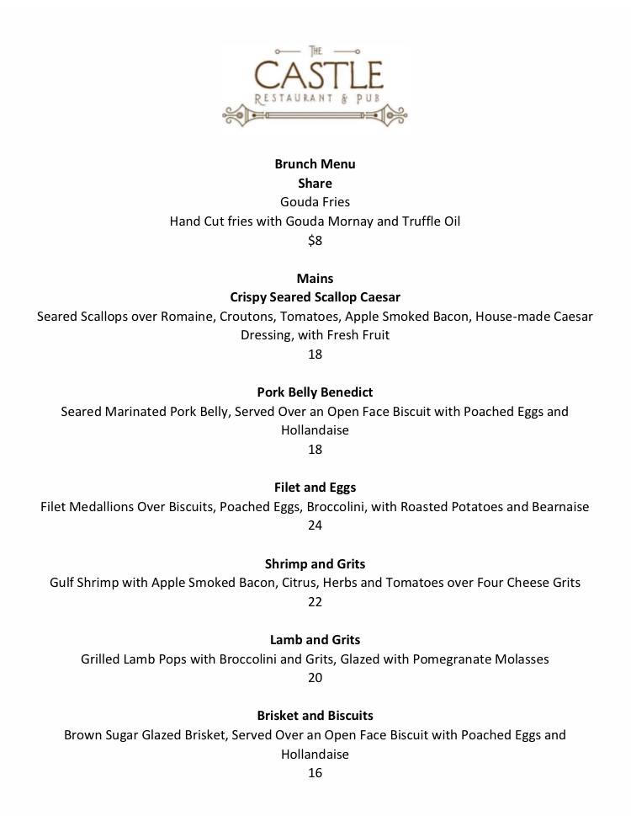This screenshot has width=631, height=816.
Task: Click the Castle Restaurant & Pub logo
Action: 315,85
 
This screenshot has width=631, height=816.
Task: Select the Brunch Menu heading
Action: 315,163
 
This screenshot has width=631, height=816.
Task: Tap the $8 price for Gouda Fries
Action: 315,241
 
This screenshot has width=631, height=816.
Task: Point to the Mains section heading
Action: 315,278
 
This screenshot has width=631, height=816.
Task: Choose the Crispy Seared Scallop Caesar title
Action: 315,297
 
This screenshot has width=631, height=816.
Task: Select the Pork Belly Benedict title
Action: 315,392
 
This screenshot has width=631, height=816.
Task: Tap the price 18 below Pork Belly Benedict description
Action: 315,450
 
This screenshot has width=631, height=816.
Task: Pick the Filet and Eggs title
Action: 315,488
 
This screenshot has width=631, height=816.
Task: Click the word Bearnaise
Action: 555,507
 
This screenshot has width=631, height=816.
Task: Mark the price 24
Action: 315,525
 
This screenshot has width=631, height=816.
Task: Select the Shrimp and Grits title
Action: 315,563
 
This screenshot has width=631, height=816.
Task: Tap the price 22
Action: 315,601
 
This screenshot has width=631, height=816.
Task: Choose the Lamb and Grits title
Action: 315,640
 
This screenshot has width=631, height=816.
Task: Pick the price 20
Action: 315,678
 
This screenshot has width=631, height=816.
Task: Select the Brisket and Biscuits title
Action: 315,716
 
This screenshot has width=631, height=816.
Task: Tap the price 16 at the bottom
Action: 315,773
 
